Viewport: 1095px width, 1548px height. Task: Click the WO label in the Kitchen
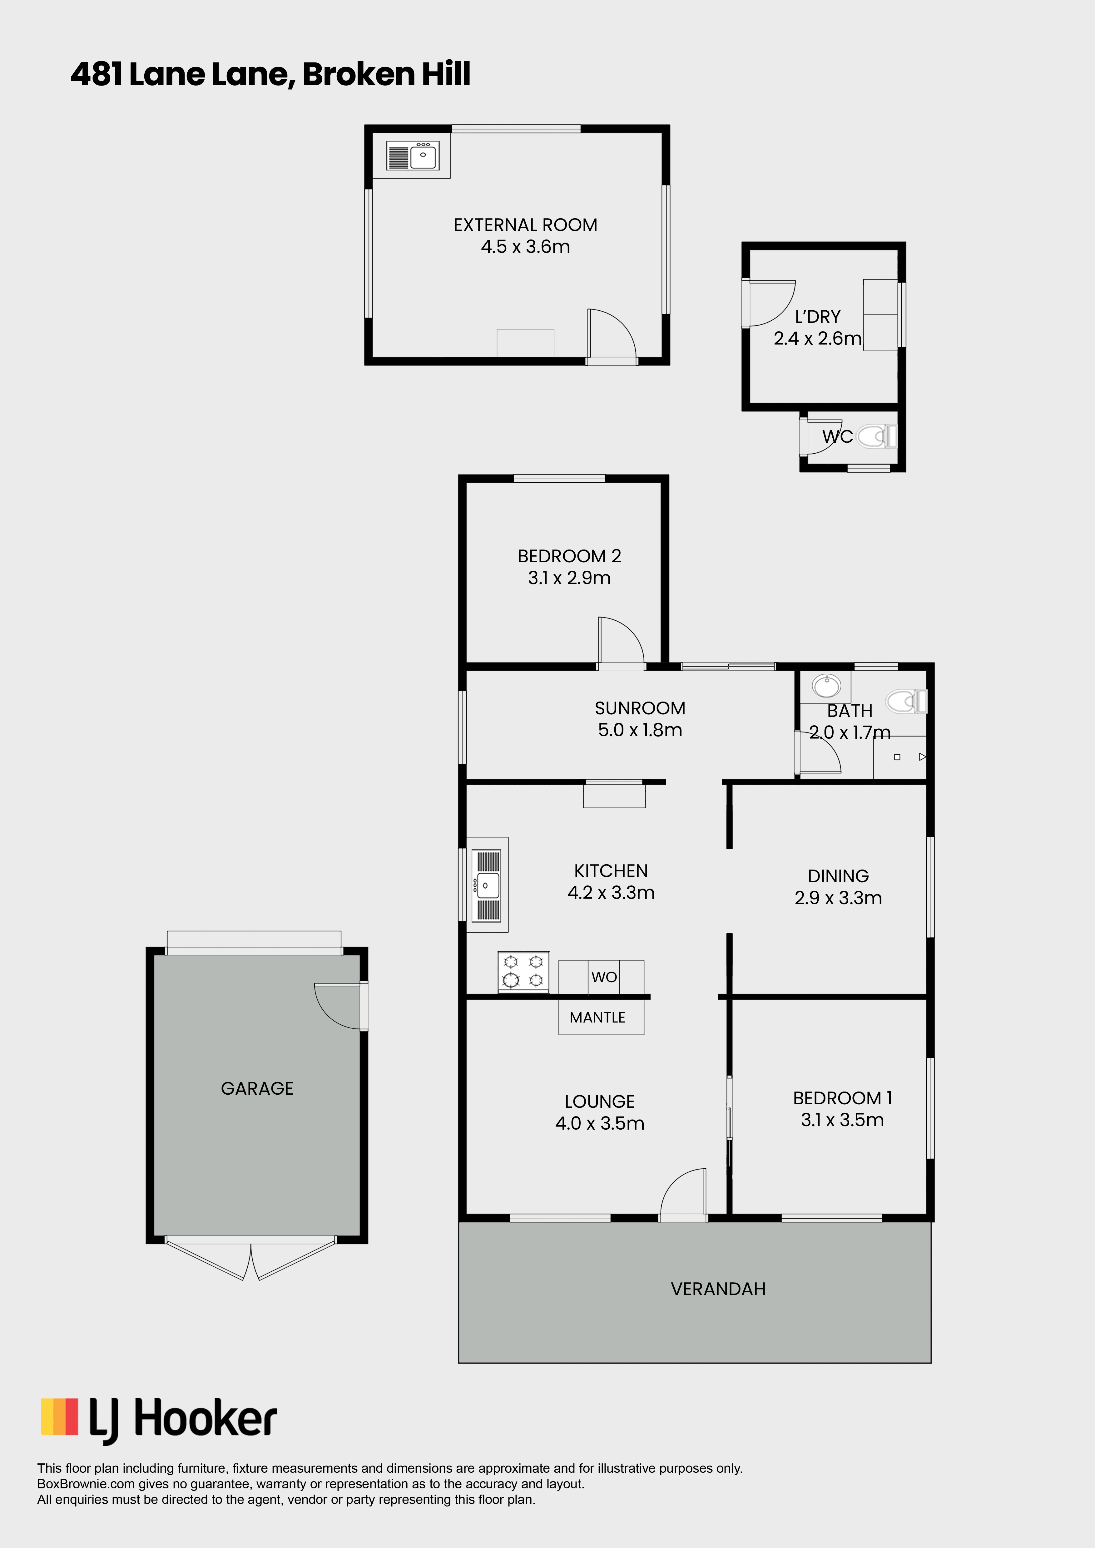coord(603,977)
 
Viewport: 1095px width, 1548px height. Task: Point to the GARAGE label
coord(257,1088)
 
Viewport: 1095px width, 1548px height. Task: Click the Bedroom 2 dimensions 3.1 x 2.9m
coord(569,578)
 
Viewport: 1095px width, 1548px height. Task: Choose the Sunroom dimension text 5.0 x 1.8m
coord(640,730)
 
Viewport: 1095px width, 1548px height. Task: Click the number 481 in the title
coord(97,74)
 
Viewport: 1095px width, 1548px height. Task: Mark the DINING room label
coord(838,876)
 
